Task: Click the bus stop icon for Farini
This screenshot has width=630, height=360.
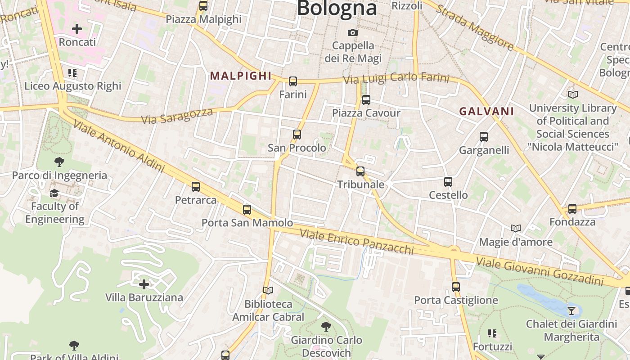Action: [x=293, y=81]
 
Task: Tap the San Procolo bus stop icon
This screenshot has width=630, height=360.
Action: [x=297, y=135]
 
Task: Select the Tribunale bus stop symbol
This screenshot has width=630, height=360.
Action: [x=360, y=171]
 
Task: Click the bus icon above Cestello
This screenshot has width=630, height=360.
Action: [x=448, y=182]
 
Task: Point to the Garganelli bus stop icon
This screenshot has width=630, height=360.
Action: [x=484, y=137]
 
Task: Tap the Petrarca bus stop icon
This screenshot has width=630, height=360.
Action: [x=195, y=187]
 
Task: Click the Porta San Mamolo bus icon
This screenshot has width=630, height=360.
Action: [x=247, y=210]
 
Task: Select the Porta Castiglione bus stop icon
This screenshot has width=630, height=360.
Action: [x=456, y=287]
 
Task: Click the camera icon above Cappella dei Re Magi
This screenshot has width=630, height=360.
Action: [x=353, y=32]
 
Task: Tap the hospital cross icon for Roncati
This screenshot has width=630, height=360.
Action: [x=77, y=29]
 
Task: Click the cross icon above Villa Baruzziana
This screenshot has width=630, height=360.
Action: [x=144, y=284]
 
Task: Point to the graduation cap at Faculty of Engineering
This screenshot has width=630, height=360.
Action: [x=54, y=193]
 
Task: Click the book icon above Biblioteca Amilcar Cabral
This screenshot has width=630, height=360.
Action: [x=268, y=291]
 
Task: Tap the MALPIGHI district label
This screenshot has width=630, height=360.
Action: [x=241, y=76]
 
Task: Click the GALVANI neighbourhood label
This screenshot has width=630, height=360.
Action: [x=486, y=112]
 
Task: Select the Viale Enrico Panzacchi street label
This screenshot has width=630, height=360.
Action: [x=356, y=242]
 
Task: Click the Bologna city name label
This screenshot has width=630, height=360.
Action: [x=337, y=8]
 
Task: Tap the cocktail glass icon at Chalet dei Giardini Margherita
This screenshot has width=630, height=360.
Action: [x=571, y=310]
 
